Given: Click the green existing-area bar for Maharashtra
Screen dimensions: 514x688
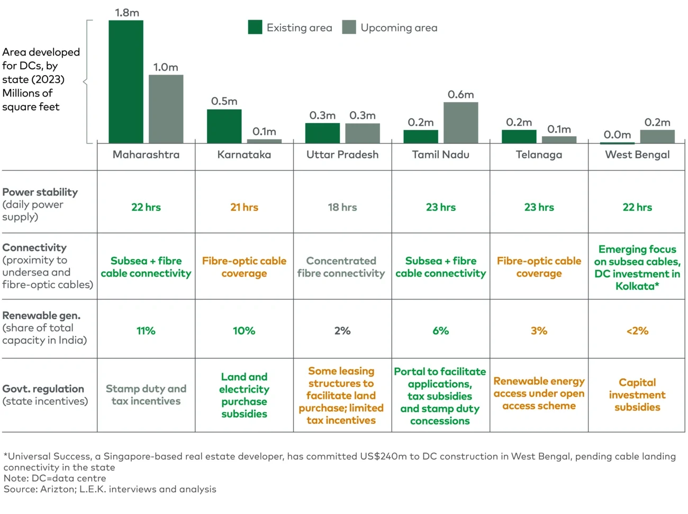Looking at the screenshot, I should pyautogui.click(x=126, y=82).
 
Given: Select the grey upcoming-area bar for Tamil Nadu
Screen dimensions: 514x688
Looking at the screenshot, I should pyautogui.click(x=460, y=122).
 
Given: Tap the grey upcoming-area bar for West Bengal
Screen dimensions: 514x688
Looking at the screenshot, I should pyautogui.click(x=657, y=136).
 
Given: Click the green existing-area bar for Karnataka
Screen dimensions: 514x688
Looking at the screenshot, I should pyautogui.click(x=224, y=126).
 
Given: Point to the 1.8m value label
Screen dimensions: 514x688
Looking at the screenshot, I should pyautogui.click(x=127, y=13).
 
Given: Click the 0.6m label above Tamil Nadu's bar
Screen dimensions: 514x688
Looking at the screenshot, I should pyautogui.click(x=460, y=94).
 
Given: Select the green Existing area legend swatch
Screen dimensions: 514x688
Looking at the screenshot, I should pyautogui.click(x=255, y=28).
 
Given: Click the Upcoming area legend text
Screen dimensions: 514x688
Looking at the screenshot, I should pyautogui.click(x=399, y=28).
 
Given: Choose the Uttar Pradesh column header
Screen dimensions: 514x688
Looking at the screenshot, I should pyautogui.click(x=342, y=155).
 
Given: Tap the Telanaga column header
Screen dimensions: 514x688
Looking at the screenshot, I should pyautogui.click(x=539, y=155).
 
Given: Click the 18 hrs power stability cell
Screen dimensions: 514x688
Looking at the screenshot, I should pyautogui.click(x=342, y=207).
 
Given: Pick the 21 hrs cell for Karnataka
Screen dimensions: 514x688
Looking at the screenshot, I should pyautogui.click(x=244, y=207).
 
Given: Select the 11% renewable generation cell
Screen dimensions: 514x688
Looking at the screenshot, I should pyautogui.click(x=146, y=331).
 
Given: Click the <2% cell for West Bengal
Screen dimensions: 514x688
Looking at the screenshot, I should pyautogui.click(x=637, y=331).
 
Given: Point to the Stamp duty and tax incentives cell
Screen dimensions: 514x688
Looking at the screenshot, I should pyautogui.click(x=146, y=395).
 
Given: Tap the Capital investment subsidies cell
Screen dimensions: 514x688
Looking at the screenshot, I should pyautogui.click(x=637, y=395).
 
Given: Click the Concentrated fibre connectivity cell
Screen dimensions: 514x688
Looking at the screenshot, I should pyautogui.click(x=341, y=267).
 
